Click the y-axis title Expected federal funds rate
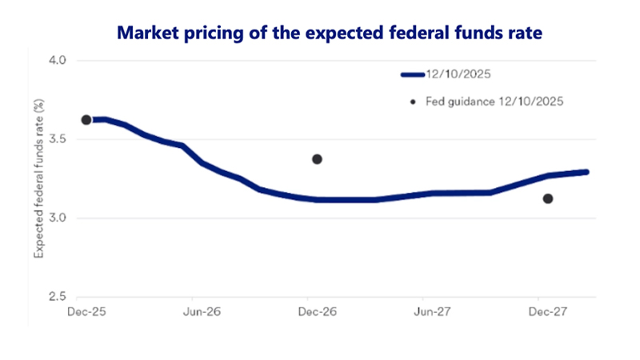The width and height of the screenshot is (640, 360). point(38,178)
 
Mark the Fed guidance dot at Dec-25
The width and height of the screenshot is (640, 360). point(86,120)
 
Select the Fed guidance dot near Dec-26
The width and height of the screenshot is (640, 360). point(317,159)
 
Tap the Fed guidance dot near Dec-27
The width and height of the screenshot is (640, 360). point(548,198)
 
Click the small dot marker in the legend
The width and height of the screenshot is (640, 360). point(413,102)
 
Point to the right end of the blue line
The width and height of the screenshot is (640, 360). point(587,172)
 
